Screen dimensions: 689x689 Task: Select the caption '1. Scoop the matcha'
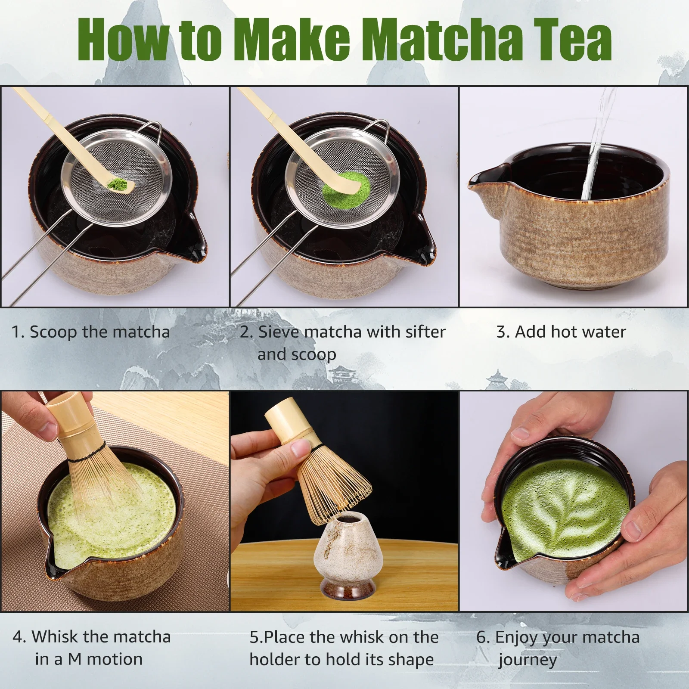click(x=90, y=332)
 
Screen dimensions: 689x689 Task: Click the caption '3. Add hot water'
click(x=561, y=332)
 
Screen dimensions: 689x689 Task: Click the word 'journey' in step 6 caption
click(x=528, y=660)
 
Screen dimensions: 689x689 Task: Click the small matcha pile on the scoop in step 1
click(x=118, y=184)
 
